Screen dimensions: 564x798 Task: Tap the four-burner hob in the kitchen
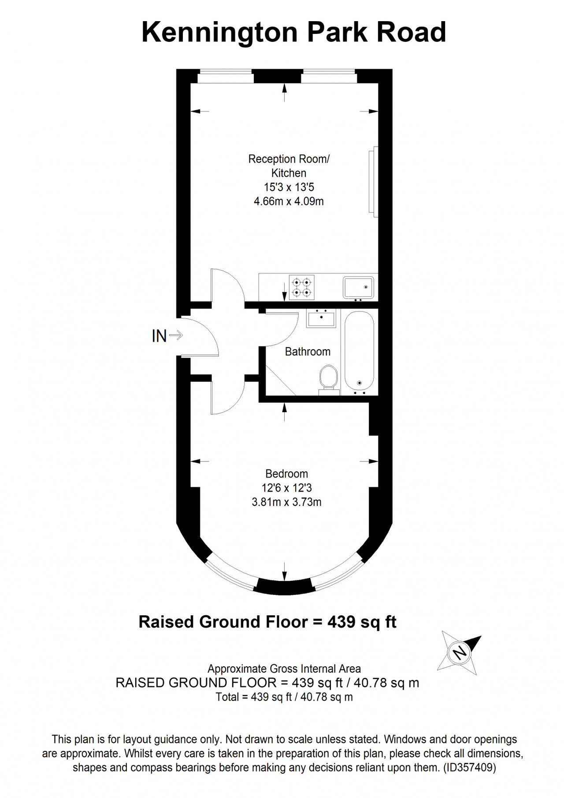[x=302, y=287]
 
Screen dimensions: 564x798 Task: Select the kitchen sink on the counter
[x=358, y=288]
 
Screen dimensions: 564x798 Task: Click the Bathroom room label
[x=308, y=351]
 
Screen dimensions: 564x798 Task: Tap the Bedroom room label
[x=286, y=474]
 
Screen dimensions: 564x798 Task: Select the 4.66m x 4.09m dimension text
[x=289, y=202]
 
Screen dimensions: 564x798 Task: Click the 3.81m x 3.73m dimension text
[x=286, y=502]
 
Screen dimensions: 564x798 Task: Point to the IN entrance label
[x=159, y=336]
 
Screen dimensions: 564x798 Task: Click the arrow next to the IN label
[x=176, y=336]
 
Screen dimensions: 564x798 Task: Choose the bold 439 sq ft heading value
[x=362, y=622]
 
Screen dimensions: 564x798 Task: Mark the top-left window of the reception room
[x=225, y=77]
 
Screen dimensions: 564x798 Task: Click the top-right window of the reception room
[x=329, y=77]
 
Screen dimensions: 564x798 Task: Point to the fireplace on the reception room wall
[x=374, y=181]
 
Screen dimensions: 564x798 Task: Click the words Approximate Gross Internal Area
[x=284, y=669]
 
